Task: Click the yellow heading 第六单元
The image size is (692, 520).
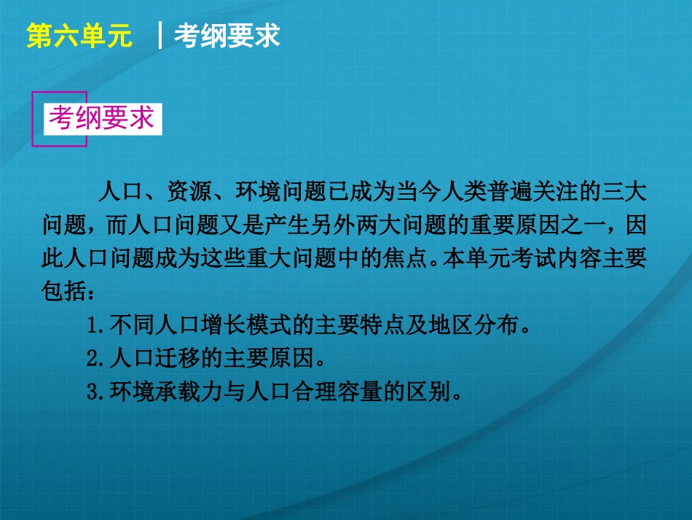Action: pyautogui.click(x=79, y=36)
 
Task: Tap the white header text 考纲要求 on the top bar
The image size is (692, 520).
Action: pyautogui.click(x=227, y=36)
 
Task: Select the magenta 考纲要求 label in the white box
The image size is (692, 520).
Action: pyautogui.click(x=101, y=117)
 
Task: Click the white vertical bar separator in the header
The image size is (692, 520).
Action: pyautogui.click(x=159, y=36)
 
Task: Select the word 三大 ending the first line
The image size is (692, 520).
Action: pyautogui.click(x=624, y=193)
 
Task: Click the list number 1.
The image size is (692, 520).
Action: pyautogui.click(x=92, y=326)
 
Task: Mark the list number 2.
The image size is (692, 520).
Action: pyautogui.click(x=92, y=359)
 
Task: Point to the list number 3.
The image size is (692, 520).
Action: pyautogui.click(x=92, y=392)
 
